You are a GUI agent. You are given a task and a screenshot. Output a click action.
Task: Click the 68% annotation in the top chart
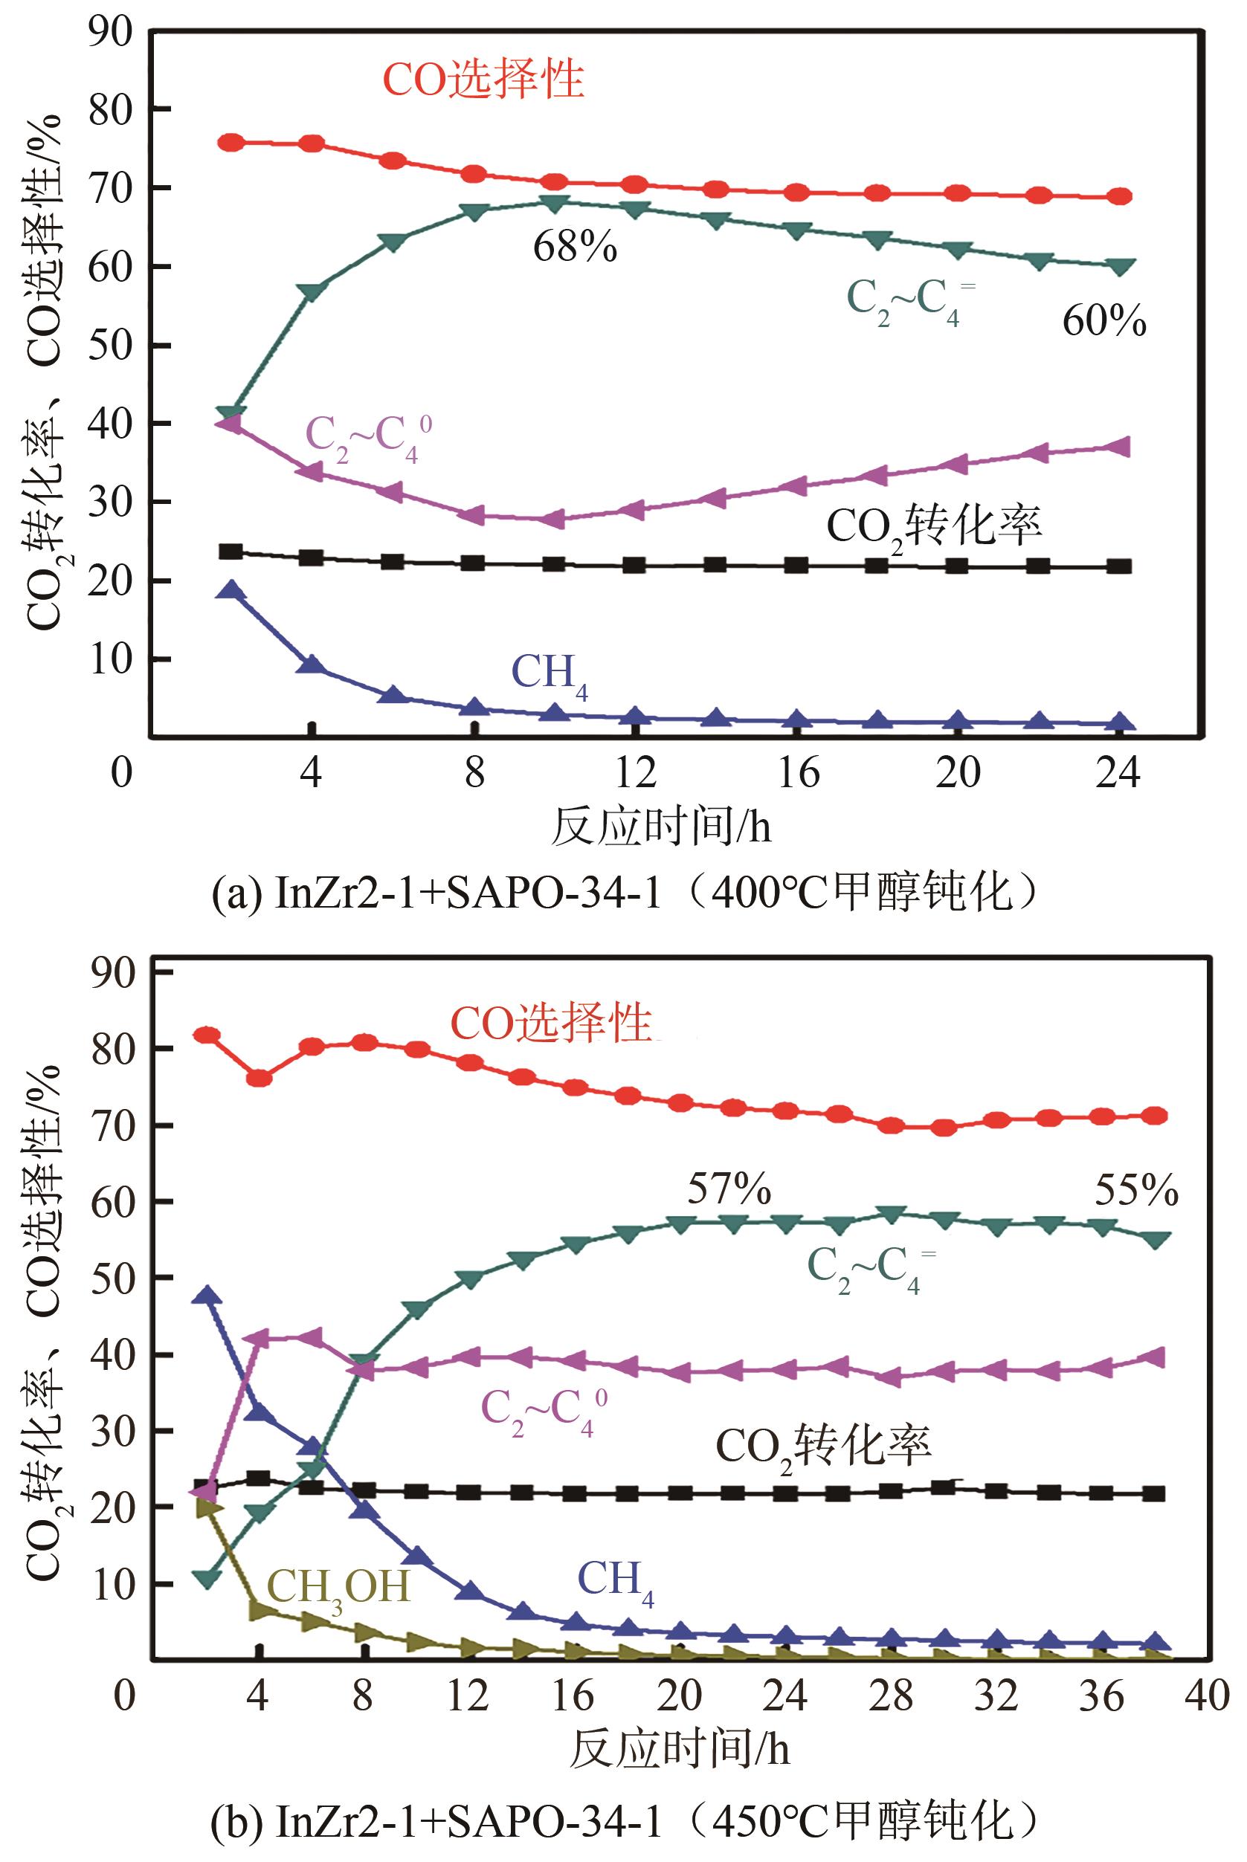(574, 248)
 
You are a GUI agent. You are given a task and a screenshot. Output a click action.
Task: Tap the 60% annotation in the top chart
(1103, 322)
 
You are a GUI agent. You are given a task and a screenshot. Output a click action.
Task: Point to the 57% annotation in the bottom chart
(729, 1190)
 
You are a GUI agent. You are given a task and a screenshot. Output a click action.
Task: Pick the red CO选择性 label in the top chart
(483, 80)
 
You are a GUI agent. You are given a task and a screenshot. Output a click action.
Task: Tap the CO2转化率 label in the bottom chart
(823, 1449)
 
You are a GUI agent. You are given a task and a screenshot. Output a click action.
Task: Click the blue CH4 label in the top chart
(550, 673)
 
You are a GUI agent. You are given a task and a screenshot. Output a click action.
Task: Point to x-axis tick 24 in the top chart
(1118, 772)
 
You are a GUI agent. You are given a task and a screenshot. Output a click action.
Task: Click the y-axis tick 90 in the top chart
(110, 32)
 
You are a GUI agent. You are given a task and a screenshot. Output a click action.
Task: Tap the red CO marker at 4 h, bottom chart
(260, 1079)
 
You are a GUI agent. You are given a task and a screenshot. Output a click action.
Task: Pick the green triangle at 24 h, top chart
(1119, 266)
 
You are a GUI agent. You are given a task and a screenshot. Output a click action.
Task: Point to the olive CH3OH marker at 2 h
(207, 1507)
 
